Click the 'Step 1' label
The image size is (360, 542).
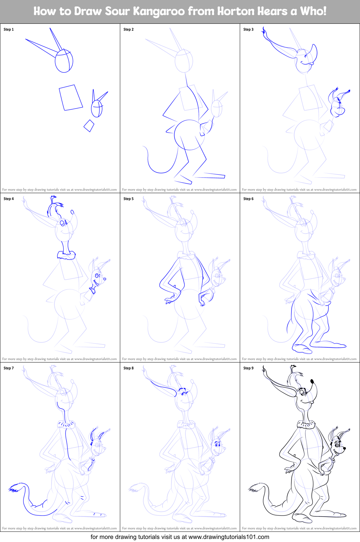[x=8, y=30]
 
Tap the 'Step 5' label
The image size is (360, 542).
[x=128, y=199]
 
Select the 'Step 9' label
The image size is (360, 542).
[x=248, y=368]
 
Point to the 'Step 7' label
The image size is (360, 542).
[x=8, y=368]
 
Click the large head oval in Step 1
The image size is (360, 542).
[x=64, y=61]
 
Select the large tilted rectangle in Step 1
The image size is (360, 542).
[x=71, y=97]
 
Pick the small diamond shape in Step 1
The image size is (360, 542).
[x=89, y=126]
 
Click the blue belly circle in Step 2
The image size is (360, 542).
[x=189, y=135]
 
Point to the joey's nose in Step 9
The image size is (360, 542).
[x=344, y=448]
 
